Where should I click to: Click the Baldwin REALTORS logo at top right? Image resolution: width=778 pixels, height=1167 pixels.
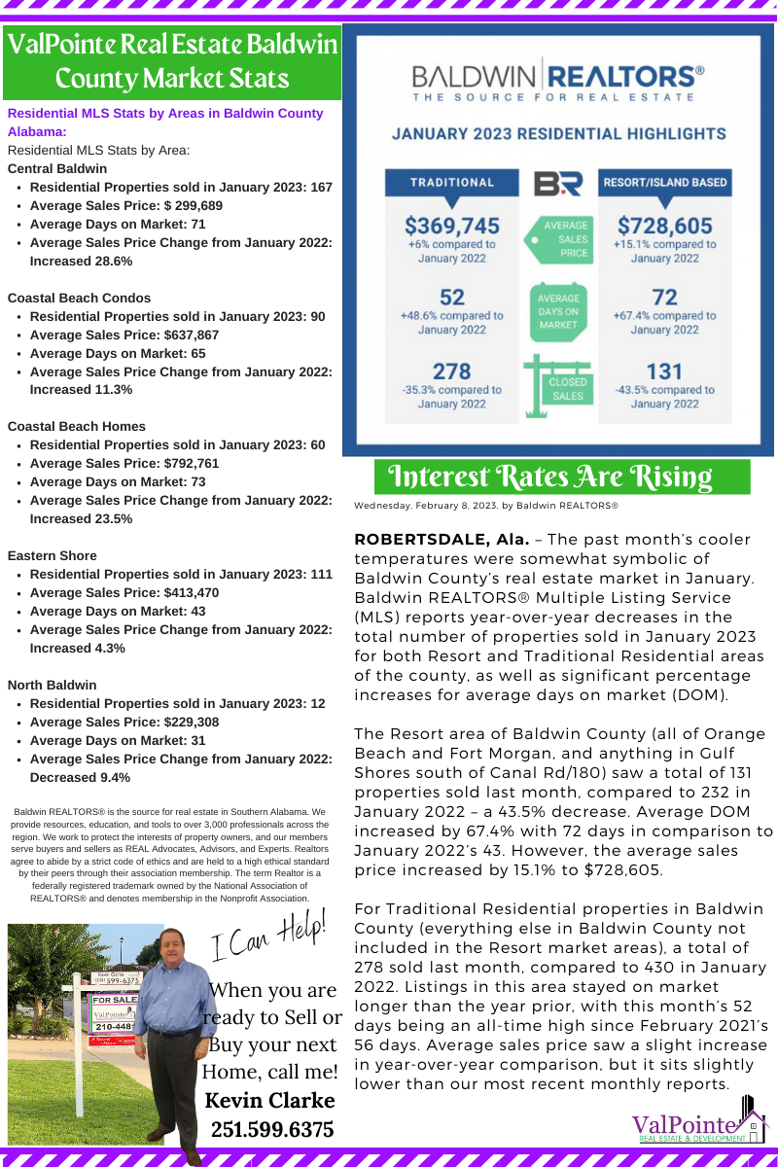point(558,82)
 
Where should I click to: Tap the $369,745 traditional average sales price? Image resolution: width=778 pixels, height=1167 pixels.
point(452,226)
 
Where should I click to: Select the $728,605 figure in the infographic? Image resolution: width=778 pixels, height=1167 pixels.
point(664,226)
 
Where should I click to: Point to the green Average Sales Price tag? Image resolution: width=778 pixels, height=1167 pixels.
point(560,238)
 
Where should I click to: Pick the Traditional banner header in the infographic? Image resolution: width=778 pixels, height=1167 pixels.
point(452,182)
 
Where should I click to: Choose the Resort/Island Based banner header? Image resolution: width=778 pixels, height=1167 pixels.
point(664,182)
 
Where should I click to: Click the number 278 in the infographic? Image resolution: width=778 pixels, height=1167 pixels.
point(452,371)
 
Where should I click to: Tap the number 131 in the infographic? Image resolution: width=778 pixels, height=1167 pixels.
point(664,371)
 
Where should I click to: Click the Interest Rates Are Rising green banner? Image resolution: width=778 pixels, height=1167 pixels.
point(562,477)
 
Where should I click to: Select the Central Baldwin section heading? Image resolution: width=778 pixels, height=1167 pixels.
point(57,168)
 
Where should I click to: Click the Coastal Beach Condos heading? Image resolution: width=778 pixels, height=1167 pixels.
point(79,298)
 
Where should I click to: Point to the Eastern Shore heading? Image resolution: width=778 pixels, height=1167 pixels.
point(52,555)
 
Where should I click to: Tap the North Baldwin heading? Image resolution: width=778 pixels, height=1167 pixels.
point(52,685)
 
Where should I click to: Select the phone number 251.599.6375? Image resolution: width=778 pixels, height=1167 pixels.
point(272,1129)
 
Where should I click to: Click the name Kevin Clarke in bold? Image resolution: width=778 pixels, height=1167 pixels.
point(270,1101)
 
